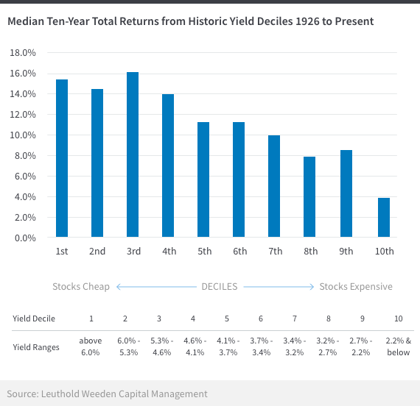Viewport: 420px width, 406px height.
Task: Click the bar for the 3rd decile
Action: point(133,154)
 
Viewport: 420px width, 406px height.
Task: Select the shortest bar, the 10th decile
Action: point(384,218)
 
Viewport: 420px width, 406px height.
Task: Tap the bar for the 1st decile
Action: point(62,158)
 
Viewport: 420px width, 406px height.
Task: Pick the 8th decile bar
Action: point(309,197)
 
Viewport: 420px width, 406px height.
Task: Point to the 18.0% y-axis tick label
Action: point(23,53)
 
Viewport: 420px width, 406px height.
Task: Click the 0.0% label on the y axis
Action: point(25,238)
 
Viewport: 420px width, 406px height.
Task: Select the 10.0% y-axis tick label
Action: point(23,135)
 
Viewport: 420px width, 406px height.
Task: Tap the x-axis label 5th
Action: point(205,251)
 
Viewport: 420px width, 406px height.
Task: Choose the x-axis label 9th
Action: point(346,251)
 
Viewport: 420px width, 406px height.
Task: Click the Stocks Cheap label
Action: point(81,286)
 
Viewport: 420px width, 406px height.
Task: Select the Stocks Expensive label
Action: point(356,286)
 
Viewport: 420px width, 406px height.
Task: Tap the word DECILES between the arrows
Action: point(220,287)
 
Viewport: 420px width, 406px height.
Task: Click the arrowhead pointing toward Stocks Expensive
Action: point(312,287)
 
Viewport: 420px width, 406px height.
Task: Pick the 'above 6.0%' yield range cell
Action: point(91,346)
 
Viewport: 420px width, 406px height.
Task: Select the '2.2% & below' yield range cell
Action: point(399,346)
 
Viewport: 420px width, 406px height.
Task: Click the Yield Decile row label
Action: point(34,318)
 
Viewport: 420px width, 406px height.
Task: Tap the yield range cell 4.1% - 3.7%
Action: point(228,346)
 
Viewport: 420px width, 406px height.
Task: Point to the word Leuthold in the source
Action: point(60,393)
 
